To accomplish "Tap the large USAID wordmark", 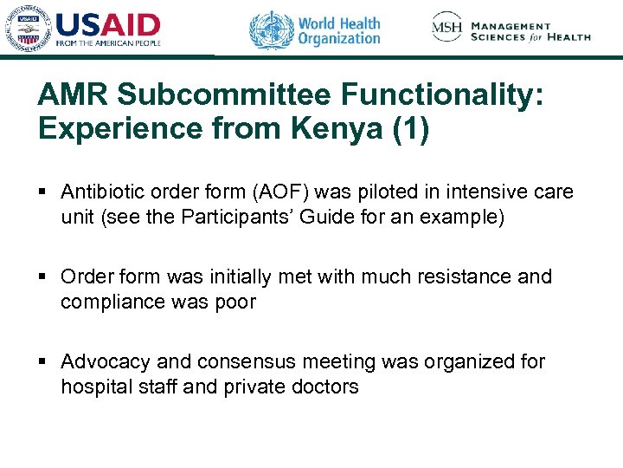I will [x=108, y=24].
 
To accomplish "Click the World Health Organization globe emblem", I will [x=271, y=30].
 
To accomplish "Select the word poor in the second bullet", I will [x=236, y=301].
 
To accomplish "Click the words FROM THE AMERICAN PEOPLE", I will [x=108, y=42].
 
